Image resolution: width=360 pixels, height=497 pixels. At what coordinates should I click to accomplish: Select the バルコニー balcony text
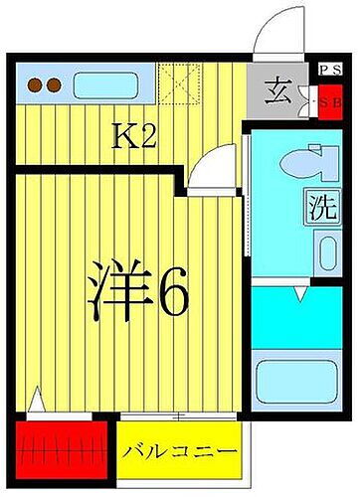pyautogui.click(x=181, y=451)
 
